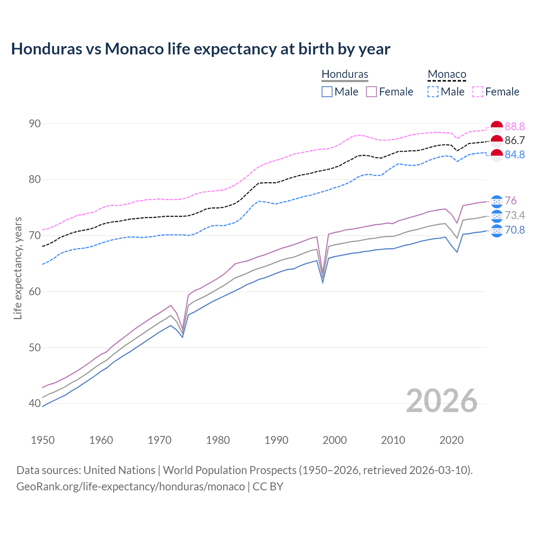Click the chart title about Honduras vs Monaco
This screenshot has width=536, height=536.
pos(201,49)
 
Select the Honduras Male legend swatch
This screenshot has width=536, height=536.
pos(327,92)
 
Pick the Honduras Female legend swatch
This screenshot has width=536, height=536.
pos(371,92)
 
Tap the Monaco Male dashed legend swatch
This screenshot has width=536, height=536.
pos(433,92)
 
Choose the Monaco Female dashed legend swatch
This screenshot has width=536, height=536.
pos(478,92)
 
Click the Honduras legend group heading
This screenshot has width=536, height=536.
pos(345,74)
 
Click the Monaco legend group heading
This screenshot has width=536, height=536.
pos(447,74)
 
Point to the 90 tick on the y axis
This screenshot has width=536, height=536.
pos(35,124)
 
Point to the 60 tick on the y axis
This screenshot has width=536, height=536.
pos(35,291)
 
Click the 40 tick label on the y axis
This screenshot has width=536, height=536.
pos(35,404)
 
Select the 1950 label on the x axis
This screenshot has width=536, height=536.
pos(43,440)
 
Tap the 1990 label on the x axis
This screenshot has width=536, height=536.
pos(276,440)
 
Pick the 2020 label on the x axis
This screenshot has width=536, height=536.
pos(451,440)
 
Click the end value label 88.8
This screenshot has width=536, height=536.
pos(515,126)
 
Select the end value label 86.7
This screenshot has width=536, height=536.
pos(515,140)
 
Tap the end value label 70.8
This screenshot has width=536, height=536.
pos(515,230)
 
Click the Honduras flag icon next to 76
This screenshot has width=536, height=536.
pos(497,201)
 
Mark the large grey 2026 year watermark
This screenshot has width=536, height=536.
pos(442,401)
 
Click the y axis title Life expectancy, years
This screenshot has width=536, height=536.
pos(18,268)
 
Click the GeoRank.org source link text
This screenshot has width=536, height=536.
pos(131,487)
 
